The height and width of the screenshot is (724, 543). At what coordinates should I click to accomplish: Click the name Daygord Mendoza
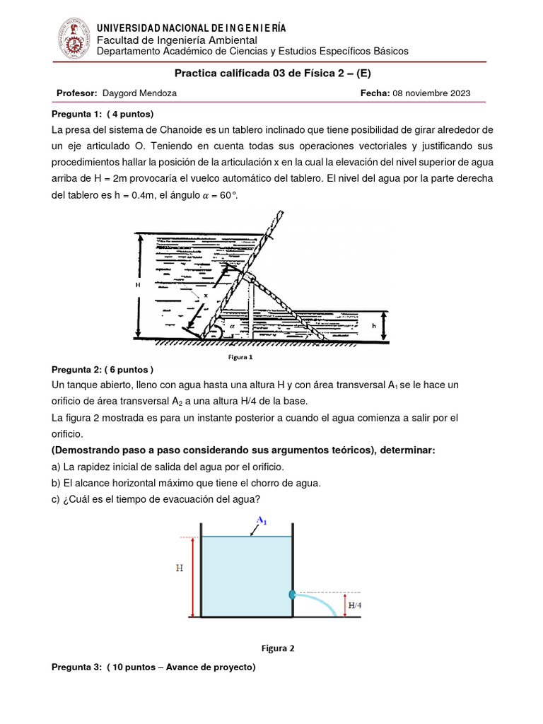point(140,93)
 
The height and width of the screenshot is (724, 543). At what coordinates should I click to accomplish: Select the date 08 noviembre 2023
point(431,93)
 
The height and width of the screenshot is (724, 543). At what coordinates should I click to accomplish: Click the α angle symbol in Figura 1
point(231,327)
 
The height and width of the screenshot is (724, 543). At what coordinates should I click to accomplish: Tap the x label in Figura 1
point(206,296)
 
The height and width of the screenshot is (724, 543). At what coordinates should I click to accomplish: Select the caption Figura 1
point(240,357)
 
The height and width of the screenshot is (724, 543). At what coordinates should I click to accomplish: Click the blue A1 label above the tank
point(261,521)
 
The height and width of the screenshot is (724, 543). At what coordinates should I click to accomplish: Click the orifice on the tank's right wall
point(292,595)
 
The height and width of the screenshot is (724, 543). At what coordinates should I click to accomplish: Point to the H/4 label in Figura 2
point(355,605)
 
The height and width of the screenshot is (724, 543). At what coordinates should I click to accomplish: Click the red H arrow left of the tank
point(192,576)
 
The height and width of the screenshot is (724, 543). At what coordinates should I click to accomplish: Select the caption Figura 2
point(278,648)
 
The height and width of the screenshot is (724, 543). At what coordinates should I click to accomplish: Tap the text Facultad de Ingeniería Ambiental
point(177,40)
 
